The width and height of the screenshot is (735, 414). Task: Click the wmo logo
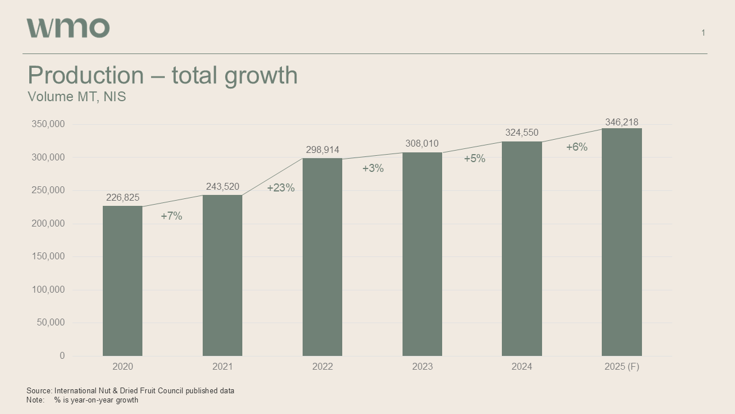coord(68,28)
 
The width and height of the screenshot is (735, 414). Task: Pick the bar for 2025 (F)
coord(621,242)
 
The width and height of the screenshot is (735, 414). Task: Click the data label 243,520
coord(222,187)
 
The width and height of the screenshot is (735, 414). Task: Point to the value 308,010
coord(422,144)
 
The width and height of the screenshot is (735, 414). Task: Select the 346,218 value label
coord(621,122)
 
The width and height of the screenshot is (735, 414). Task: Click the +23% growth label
coord(281,188)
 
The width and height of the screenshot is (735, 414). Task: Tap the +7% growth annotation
coord(171,216)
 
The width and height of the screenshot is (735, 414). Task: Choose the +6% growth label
coord(577,147)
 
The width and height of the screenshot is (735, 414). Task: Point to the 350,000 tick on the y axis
coord(48,124)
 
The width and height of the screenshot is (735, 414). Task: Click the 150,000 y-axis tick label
coord(48,256)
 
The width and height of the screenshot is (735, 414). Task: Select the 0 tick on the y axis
coord(62,356)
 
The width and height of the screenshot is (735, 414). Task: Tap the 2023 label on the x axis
coord(422,367)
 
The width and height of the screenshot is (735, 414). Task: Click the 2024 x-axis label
coord(521,367)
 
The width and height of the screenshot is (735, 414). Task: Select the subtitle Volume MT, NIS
coord(77,97)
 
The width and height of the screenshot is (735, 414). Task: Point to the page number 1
coord(703,33)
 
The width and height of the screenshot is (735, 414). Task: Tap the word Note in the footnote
coord(34,400)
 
